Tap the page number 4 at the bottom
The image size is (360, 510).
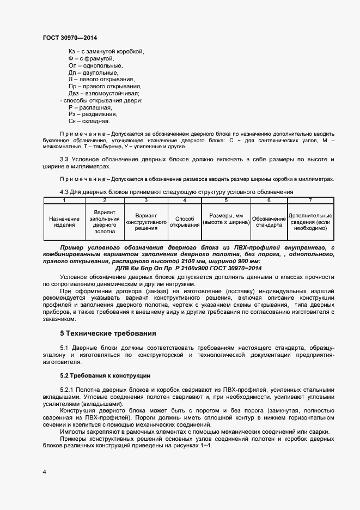pyautogui.click(x=44, y=471)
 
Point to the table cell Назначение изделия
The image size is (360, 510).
pyautogui.click(x=64, y=221)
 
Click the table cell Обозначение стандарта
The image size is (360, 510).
pyautogui.click(x=269, y=222)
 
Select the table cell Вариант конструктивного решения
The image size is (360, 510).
pyautogui.click(x=145, y=222)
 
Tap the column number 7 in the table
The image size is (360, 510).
pyautogui.click(x=310, y=201)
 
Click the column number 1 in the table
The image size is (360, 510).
pyautogui.click(x=64, y=201)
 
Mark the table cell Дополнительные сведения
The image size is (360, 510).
pyautogui.click(x=310, y=222)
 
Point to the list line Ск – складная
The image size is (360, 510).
pyautogui.click(x=89, y=122)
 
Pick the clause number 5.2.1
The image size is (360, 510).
pyautogui.click(x=68, y=391)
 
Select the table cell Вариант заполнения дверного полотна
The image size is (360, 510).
pyautogui.click(x=104, y=222)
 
